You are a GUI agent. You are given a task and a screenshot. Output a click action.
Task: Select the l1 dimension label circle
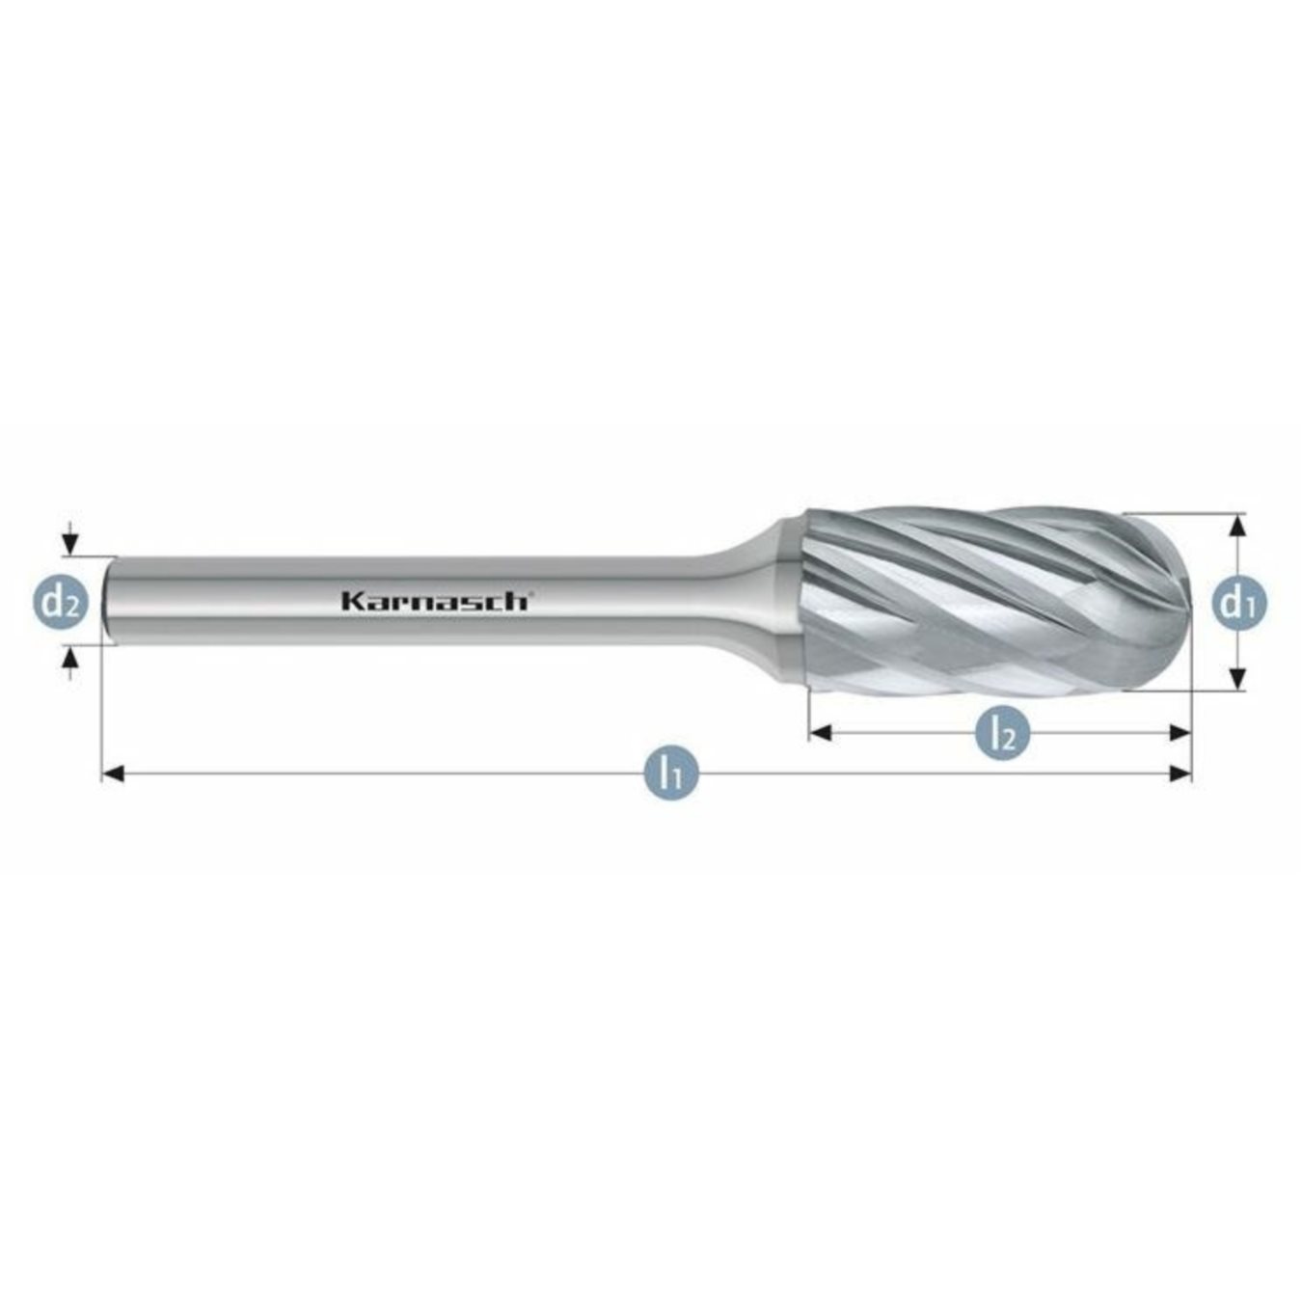(x=671, y=773)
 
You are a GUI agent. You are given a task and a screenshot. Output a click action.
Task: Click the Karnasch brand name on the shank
(x=433, y=601)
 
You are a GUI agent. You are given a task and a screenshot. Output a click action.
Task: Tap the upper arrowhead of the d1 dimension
(x=1238, y=525)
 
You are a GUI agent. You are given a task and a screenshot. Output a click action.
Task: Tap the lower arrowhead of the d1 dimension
(x=1238, y=679)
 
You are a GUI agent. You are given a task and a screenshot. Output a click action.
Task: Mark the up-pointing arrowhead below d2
(x=69, y=659)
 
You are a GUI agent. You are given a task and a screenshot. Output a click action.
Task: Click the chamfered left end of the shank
(x=109, y=600)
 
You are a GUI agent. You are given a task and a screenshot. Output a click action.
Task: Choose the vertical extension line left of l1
(x=101, y=714)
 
